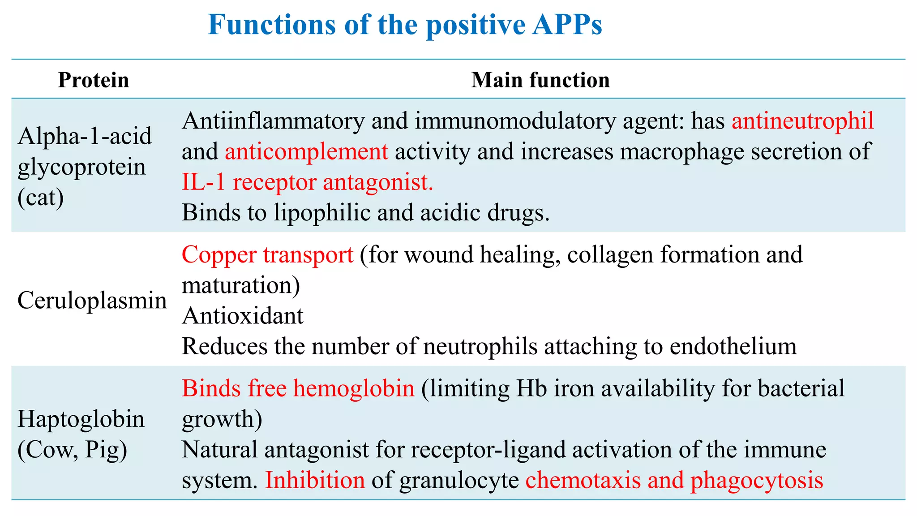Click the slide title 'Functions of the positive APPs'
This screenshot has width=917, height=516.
pyautogui.click(x=405, y=25)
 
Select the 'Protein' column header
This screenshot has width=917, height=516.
pyautogui.click(x=94, y=80)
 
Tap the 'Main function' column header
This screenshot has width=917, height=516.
pyautogui.click(x=540, y=80)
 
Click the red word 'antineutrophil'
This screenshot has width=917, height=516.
pyautogui.click(x=803, y=121)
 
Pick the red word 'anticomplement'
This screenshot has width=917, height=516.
pyautogui.click(x=306, y=151)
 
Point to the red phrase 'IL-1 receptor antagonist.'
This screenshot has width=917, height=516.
pyautogui.click(x=308, y=182)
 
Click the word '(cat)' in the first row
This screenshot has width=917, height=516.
pyautogui.click(x=41, y=197)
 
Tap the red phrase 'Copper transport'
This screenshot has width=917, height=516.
pyautogui.click(x=267, y=254)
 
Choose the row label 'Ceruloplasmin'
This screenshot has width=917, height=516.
pyautogui.click(x=92, y=300)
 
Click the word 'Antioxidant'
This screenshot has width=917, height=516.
pyautogui.click(x=243, y=316)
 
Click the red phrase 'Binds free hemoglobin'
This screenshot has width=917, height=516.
pyautogui.click(x=298, y=388)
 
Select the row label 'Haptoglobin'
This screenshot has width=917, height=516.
pyautogui.click(x=81, y=419)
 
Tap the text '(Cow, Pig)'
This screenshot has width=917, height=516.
pyautogui.click(x=72, y=450)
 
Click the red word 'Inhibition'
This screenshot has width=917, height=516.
pyautogui.click(x=315, y=480)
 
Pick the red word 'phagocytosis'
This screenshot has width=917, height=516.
pyautogui.click(x=757, y=480)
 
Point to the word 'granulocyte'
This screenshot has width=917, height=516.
pyautogui.click(x=459, y=480)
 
